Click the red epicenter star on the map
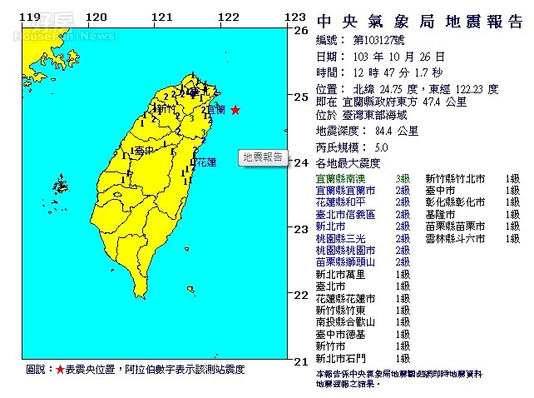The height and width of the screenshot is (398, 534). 235,110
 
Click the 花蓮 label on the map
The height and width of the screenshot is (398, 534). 205,162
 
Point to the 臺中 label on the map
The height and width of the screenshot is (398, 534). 144,151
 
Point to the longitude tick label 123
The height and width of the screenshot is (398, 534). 294,17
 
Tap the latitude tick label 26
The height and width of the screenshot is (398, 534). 301,30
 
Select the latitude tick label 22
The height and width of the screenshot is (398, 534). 301,295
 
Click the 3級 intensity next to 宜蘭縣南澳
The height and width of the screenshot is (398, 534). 403,178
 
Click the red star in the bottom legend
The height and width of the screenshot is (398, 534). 59,369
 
